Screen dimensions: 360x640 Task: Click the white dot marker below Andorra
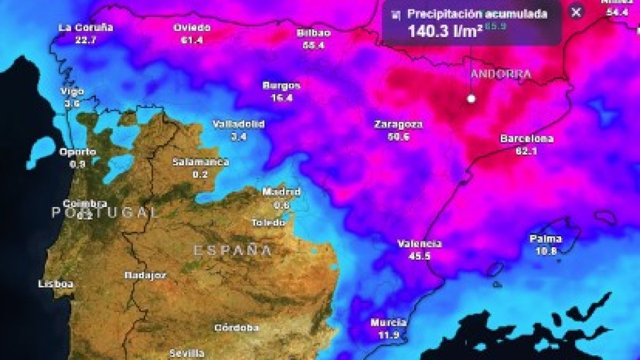471,99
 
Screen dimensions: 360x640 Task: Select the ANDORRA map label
501,74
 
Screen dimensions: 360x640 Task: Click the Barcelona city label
526,139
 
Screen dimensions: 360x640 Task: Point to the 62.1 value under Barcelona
526,151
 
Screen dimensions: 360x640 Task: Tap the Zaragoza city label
398,125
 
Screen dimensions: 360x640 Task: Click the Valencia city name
420,244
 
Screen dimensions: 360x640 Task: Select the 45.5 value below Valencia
420,256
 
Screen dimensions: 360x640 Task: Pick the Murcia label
389,323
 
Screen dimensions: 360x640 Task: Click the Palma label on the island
546,238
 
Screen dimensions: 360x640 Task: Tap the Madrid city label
282,192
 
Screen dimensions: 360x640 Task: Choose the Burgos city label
282,85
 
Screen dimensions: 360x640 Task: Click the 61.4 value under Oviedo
192,40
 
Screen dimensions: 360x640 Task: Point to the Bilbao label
314,33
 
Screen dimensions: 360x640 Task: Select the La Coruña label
85,28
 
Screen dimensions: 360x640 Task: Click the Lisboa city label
55,284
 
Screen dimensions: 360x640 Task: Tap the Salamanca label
201,162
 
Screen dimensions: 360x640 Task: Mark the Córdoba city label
236,327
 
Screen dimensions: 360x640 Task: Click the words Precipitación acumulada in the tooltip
477,14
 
